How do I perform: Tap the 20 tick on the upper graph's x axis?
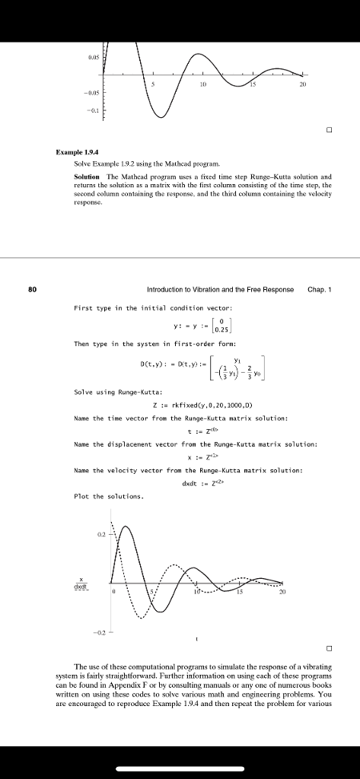point(303,84)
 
